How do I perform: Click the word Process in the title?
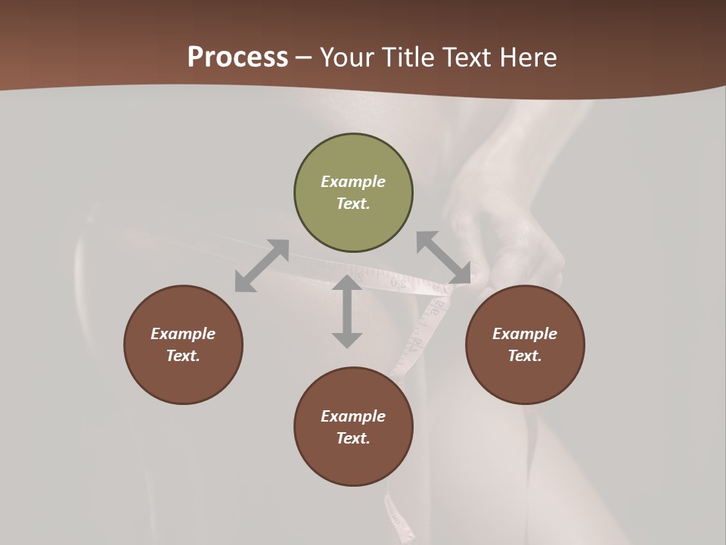point(237,58)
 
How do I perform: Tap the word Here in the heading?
point(524,58)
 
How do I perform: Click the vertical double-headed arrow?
point(347,311)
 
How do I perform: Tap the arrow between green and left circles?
point(262,266)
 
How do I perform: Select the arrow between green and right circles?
point(443,258)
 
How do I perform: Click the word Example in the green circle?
point(353,182)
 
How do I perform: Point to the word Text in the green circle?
point(352,204)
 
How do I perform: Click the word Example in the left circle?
point(183,334)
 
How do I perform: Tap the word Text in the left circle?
point(182,356)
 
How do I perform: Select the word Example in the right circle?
point(525,334)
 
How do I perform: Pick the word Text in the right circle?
point(524,356)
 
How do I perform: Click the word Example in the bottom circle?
point(353,416)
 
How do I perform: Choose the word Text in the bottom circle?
point(352,438)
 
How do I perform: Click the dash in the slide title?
point(303,58)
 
